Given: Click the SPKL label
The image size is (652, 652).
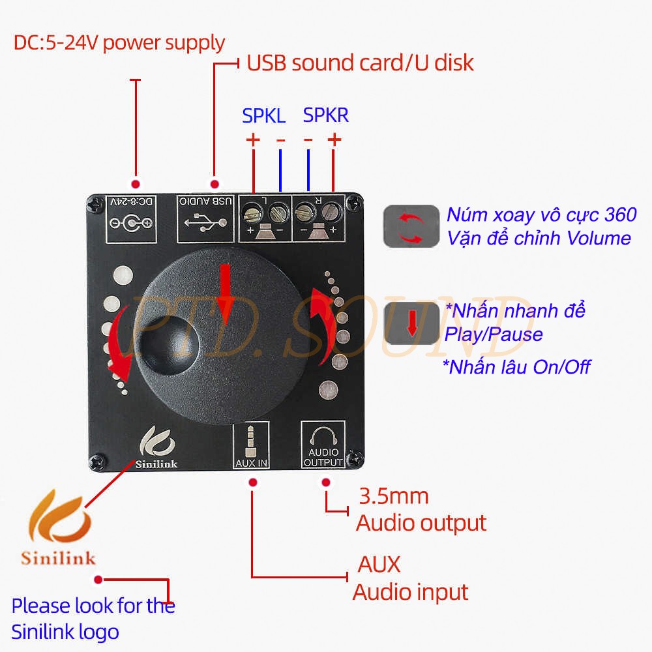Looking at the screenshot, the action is tap(263, 115).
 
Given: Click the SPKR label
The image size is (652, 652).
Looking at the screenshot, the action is tap(325, 115).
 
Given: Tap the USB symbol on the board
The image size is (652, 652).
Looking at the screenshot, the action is tap(206, 222).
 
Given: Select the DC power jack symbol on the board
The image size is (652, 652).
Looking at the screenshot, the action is tap(132, 223).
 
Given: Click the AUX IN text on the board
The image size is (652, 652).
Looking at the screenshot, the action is tap(251, 463).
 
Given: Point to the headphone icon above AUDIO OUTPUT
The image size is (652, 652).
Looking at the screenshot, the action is tap(323, 436).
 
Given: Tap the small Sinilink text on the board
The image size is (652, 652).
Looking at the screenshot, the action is tap(156, 464).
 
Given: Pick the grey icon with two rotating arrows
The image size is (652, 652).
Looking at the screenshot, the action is tap(411, 226).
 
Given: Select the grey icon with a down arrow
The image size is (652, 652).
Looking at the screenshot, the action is tap(411, 323).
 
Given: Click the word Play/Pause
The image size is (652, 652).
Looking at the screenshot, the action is tap(494, 334).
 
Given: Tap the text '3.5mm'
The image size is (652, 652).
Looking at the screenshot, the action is tap(393, 496).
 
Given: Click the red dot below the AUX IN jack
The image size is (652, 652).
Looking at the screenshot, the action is tap(252, 482).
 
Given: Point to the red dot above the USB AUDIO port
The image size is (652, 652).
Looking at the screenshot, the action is tap(215, 184).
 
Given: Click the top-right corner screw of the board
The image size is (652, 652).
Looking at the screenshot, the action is tap(354, 203).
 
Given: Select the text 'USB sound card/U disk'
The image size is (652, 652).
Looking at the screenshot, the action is tap(360, 63).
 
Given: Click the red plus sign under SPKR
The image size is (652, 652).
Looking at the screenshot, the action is tap(334, 140).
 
